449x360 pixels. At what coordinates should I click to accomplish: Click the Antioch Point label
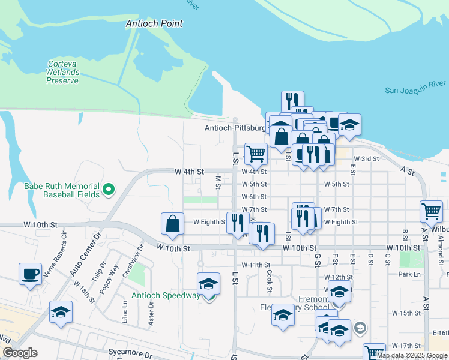(154, 23)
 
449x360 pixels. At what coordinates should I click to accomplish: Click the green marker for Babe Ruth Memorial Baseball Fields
(108, 190)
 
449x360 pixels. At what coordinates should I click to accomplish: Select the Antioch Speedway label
(166, 296)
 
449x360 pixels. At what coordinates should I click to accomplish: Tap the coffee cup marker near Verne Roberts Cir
(30, 274)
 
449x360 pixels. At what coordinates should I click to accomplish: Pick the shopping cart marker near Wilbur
(432, 211)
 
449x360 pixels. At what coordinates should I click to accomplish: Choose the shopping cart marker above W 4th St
(256, 153)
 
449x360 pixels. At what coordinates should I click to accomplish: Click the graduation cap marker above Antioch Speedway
(208, 283)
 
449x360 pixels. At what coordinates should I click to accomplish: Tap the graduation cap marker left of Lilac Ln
(61, 312)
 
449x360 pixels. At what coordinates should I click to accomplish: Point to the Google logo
(20, 353)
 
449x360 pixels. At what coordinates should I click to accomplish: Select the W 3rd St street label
(366, 159)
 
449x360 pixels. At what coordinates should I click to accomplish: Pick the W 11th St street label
(256, 265)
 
